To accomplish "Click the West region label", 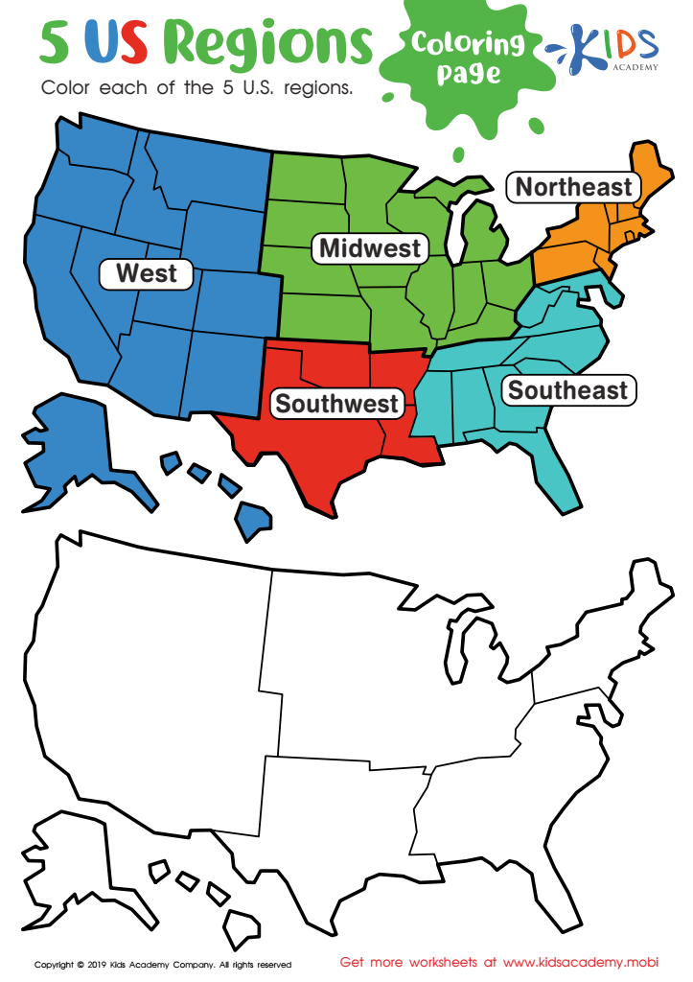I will [x=147, y=273].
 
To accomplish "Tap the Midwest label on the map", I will [x=370, y=248].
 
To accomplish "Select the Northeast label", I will [x=573, y=187].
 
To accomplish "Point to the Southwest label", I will [x=335, y=404].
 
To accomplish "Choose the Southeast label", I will [x=567, y=390].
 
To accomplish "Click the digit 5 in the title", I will [x=57, y=43].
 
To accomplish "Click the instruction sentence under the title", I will [x=197, y=87].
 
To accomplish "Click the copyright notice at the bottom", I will [x=163, y=964].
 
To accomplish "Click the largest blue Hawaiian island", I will [x=254, y=521].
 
